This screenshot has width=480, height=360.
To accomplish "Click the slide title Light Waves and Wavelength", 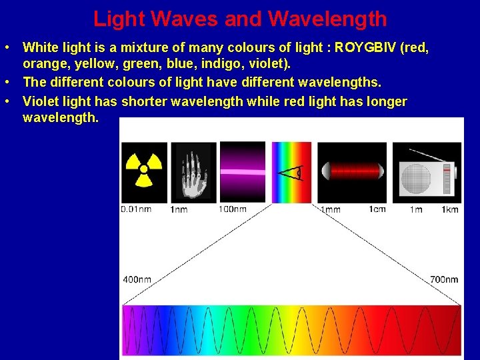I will tap(240, 19).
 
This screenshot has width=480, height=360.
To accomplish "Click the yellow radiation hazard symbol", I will tap(143, 172).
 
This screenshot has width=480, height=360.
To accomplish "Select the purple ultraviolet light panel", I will tap(242, 171).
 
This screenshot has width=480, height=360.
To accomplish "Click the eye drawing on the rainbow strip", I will tap(291, 173).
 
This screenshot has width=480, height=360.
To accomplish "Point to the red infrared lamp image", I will tap(351, 172).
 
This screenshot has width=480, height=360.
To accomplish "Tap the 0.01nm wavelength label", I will tap(136, 209).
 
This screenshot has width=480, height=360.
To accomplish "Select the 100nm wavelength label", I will tap(233, 209).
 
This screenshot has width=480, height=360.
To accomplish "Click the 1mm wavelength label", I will tap(330, 209).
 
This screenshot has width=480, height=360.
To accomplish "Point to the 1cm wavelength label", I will tap(377, 209).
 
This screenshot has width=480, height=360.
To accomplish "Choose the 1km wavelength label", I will tap(449, 209).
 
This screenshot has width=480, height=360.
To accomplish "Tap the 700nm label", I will tap(444, 279).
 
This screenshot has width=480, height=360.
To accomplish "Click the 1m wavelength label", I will tap(416, 209).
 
